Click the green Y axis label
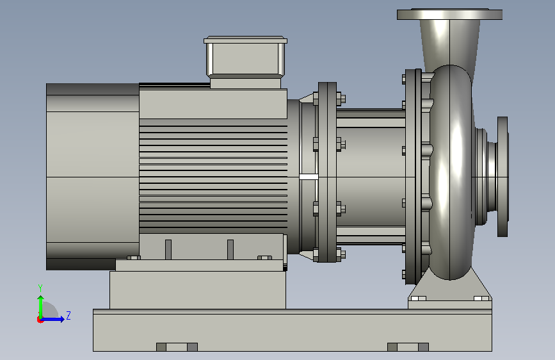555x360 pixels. [40, 288]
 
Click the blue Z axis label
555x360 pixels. [68, 315]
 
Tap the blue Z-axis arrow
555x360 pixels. [52, 319]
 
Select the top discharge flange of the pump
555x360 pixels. [449, 14]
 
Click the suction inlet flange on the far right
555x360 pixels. [503, 176]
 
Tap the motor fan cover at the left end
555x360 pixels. [93, 176]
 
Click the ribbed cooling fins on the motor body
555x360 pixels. [213, 176]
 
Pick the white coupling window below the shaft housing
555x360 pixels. [309, 177]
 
